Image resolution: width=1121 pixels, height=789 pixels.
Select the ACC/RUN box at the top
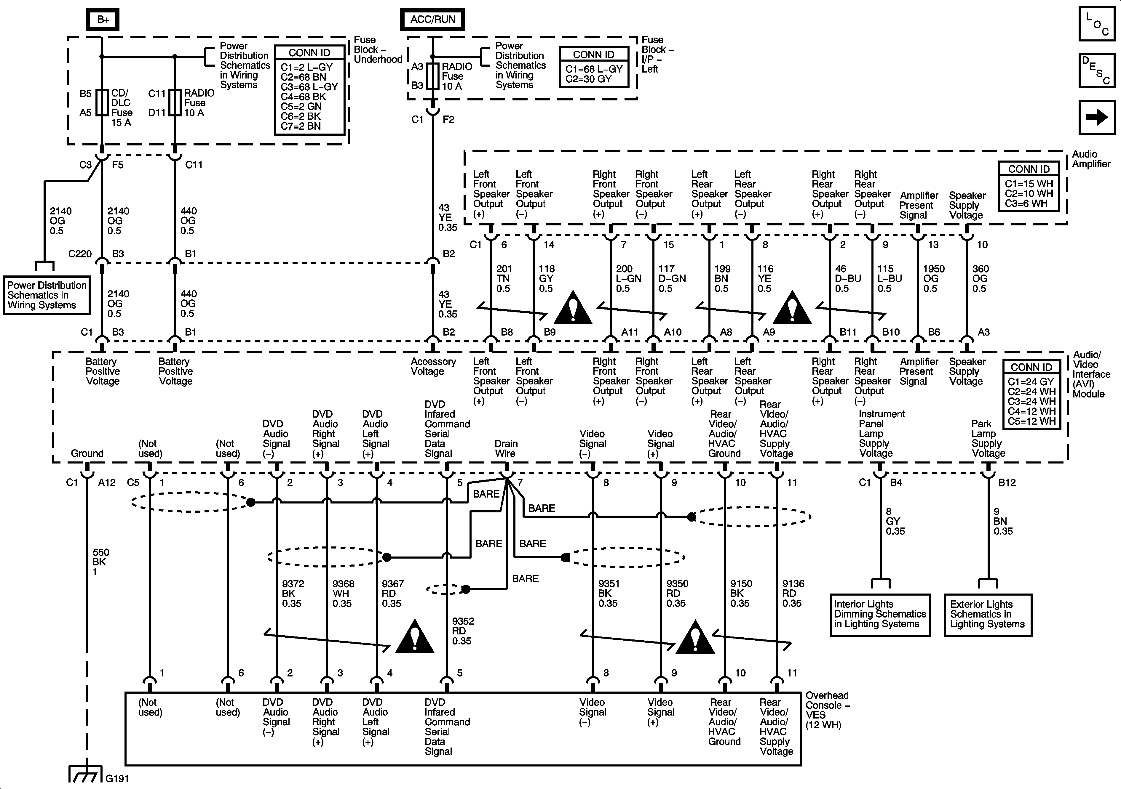tap(432, 20)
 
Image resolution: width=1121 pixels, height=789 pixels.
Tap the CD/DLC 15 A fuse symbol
tap(102, 102)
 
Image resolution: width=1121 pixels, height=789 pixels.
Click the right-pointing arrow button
tap(1097, 117)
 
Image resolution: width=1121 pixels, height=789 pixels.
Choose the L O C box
tap(1097, 23)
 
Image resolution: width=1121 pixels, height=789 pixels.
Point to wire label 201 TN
tap(504, 279)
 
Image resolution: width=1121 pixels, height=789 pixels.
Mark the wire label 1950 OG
tap(933, 279)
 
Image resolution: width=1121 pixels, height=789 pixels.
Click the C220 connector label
tap(80, 254)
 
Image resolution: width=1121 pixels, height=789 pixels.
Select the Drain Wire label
tap(506, 448)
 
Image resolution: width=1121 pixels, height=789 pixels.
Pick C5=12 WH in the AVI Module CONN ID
tap(1031, 421)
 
